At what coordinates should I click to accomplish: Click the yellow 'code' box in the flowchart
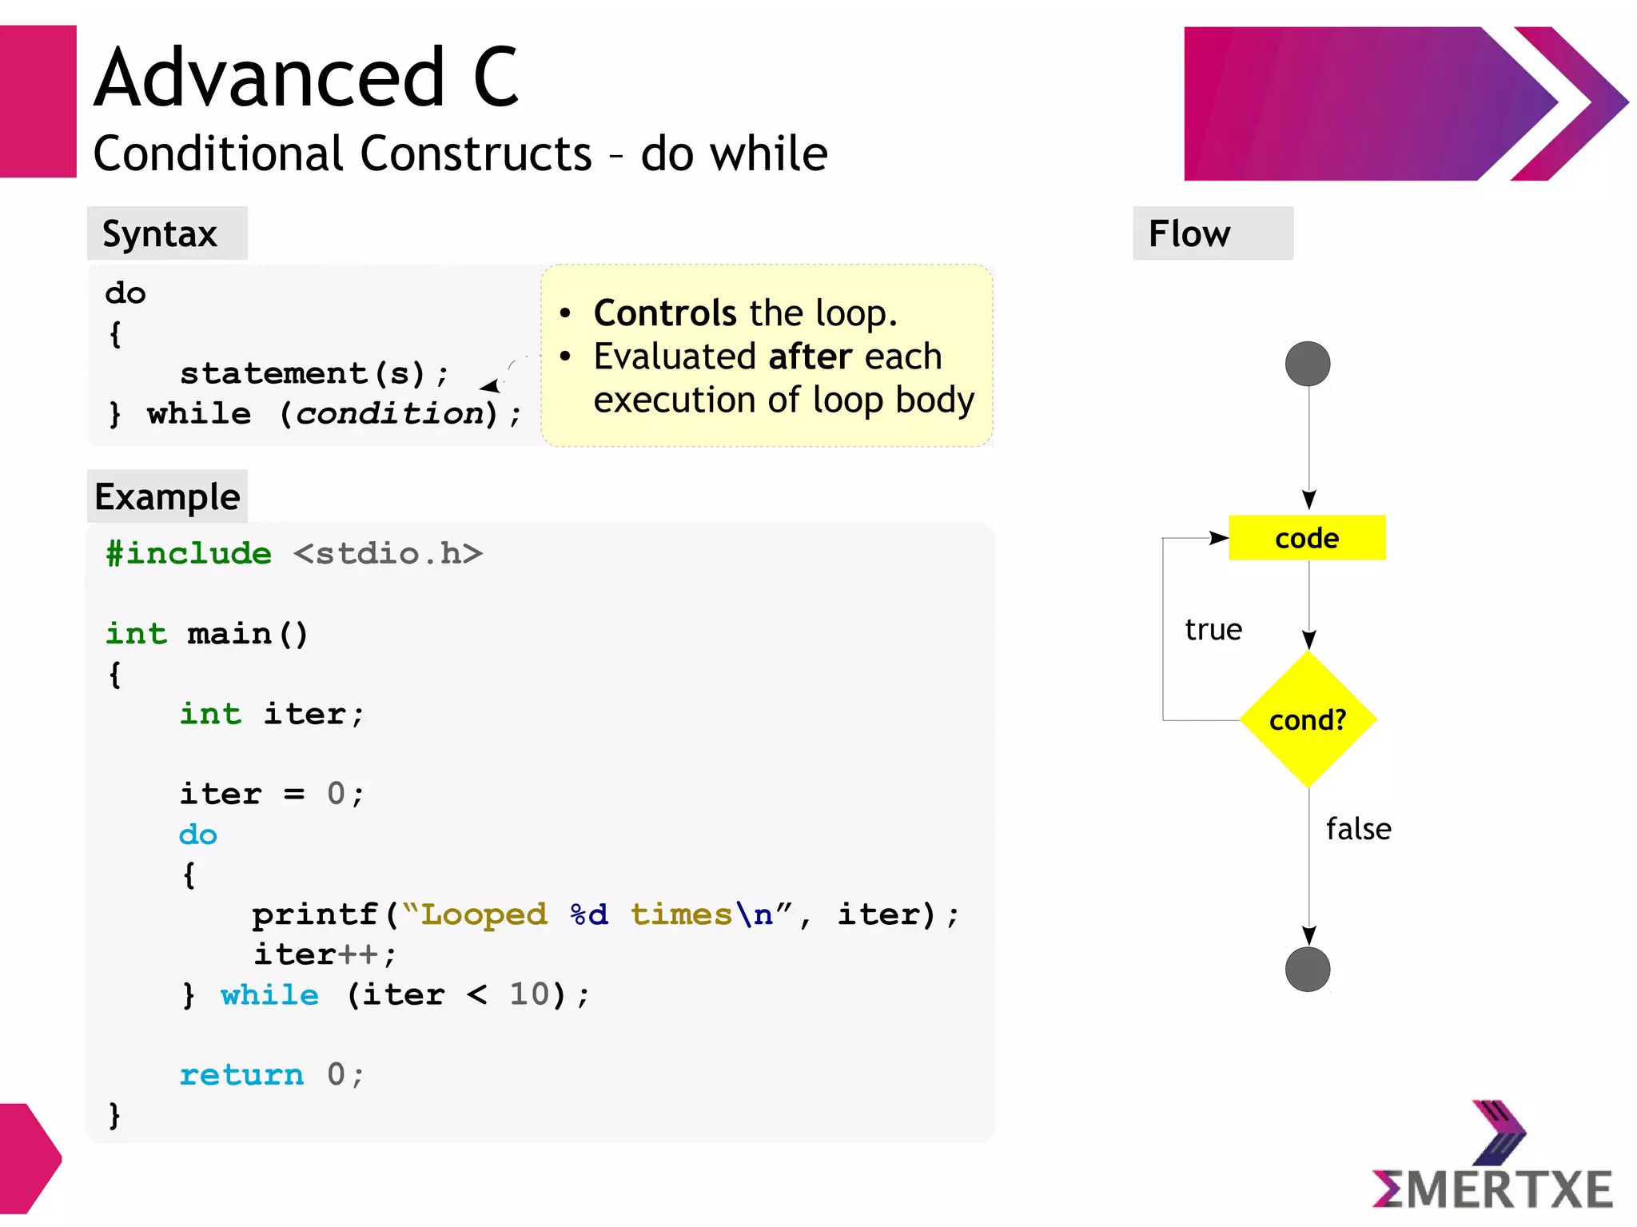click(1306, 538)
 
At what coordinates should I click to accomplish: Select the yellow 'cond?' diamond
click(1308, 719)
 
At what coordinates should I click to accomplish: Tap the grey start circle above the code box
click(1308, 364)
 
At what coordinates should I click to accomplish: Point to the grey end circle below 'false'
click(1308, 969)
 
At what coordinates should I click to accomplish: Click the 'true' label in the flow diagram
click(1213, 630)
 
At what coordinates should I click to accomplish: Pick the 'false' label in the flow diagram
click(1358, 829)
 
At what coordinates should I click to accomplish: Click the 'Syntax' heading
click(160, 234)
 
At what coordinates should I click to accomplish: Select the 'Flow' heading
click(1189, 234)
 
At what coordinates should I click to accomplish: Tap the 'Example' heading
click(167, 497)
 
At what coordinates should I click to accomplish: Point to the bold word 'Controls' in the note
click(664, 313)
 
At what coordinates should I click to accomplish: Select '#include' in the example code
click(189, 553)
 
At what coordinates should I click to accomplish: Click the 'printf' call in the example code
click(314, 914)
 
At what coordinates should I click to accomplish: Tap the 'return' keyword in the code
click(241, 1075)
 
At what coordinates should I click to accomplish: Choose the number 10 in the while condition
click(529, 994)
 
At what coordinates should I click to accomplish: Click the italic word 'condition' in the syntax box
click(390, 414)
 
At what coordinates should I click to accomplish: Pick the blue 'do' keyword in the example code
click(198, 835)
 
